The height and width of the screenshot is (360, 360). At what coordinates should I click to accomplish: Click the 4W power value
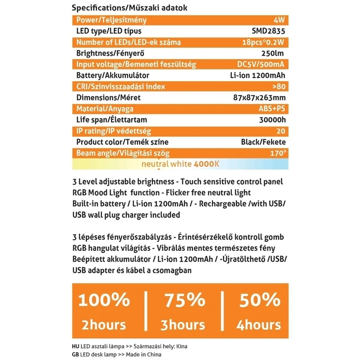[280, 20]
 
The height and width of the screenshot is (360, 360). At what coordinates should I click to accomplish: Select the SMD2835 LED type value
[270, 31]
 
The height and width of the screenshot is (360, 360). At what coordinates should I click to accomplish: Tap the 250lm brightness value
[274, 53]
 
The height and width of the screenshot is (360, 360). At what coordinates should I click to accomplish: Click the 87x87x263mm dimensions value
[259, 97]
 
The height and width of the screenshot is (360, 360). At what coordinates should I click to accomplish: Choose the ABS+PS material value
[270, 109]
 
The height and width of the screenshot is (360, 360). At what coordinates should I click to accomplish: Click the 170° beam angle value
[278, 153]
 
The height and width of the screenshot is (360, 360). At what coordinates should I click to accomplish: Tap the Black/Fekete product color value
[263, 141]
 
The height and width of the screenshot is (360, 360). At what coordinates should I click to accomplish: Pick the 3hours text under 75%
[184, 325]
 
